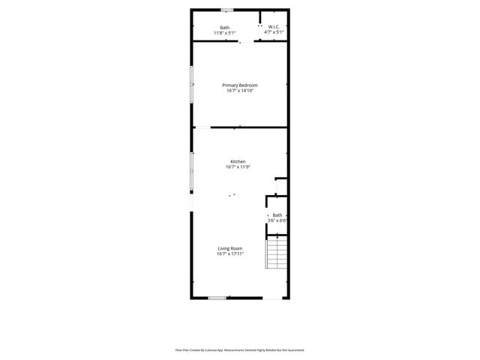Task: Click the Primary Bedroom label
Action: pyautogui.click(x=240, y=85)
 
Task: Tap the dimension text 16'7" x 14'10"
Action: pyautogui.click(x=240, y=91)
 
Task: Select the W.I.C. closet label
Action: pyautogui.click(x=274, y=28)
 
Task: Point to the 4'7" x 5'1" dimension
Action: pyautogui.click(x=274, y=33)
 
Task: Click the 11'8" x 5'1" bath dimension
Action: pyautogui.click(x=225, y=33)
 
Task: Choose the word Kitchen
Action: pyautogui.click(x=238, y=162)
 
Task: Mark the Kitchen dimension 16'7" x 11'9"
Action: pyautogui.click(x=238, y=167)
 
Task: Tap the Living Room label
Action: pyautogui.click(x=230, y=248)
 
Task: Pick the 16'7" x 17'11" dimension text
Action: pyautogui.click(x=230, y=253)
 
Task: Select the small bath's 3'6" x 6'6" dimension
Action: pyautogui.click(x=277, y=220)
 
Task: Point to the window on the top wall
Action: pyautogui.click(x=226, y=10)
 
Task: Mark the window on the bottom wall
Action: pyautogui.click(x=217, y=298)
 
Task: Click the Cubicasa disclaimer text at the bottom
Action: pyautogui.click(x=240, y=349)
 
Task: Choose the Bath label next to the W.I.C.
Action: pyautogui.click(x=225, y=28)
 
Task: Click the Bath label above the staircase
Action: pyautogui.click(x=277, y=215)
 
